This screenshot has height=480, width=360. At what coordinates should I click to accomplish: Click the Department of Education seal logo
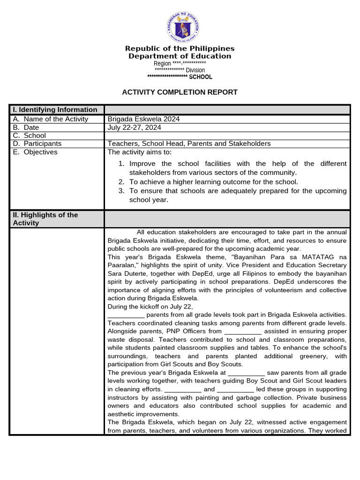click(x=183, y=27)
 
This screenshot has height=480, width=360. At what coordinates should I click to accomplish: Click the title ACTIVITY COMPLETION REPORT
click(x=180, y=92)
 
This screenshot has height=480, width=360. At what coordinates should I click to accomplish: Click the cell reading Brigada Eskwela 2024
click(x=143, y=119)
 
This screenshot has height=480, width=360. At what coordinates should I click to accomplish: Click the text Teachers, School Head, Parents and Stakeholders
click(x=189, y=143)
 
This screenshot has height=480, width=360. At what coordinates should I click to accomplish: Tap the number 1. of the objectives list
click(x=121, y=164)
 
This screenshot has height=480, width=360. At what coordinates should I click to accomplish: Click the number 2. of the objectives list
click(x=121, y=182)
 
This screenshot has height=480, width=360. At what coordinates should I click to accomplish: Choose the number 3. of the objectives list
click(x=121, y=191)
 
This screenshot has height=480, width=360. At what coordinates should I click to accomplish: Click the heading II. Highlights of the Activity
click(x=45, y=219)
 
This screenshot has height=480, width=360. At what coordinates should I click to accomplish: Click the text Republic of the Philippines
click(x=180, y=49)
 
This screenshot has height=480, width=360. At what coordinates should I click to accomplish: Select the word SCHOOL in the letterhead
click(x=201, y=77)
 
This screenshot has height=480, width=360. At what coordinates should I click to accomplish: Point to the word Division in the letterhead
click(x=195, y=70)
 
